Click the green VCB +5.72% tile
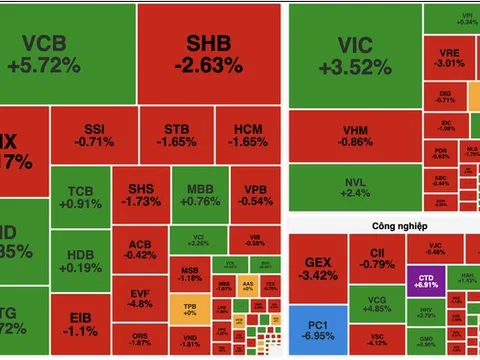coord(67,53)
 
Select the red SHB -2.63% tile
coord(208,53)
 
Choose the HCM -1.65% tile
coord(247,136)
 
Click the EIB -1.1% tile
coord(79,322)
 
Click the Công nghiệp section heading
coord(380,227)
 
